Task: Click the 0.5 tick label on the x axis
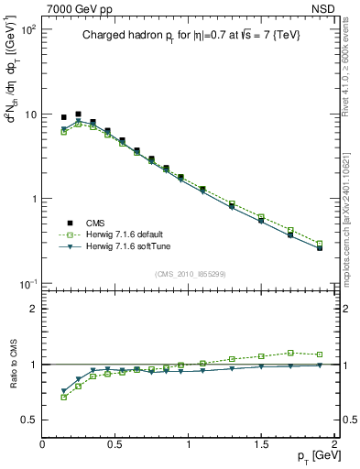tap(115, 445)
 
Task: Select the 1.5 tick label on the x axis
tap(261, 445)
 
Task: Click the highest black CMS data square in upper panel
tap(78, 115)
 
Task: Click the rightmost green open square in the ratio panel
tap(320, 354)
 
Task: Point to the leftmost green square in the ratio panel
tap(63, 397)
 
